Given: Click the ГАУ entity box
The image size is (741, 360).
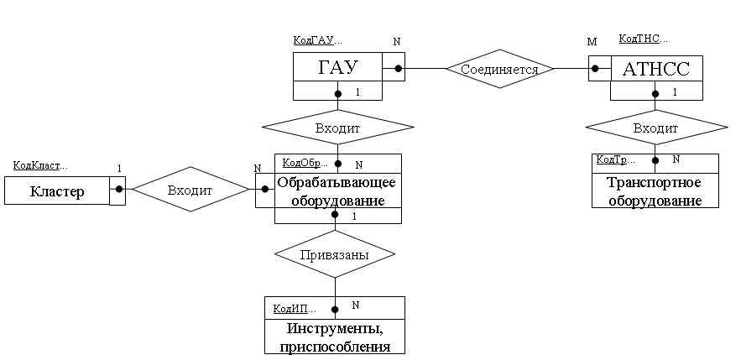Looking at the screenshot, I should [337, 68].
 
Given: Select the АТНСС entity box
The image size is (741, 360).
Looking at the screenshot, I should [656, 69].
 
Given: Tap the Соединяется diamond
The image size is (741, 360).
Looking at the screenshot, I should [499, 69].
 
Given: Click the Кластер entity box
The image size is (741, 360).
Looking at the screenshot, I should [57, 191].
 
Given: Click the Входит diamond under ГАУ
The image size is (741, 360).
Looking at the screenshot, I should [337, 128].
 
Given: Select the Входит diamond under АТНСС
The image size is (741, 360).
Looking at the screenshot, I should [655, 128].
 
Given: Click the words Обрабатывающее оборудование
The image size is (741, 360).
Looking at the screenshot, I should [337, 191].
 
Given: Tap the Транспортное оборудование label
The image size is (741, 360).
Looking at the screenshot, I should [655, 191].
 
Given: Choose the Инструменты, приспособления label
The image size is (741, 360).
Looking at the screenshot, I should [334, 337].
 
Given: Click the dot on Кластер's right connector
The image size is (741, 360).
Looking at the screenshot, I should [118, 190].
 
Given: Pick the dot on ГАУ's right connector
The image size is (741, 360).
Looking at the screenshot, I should [399, 68].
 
